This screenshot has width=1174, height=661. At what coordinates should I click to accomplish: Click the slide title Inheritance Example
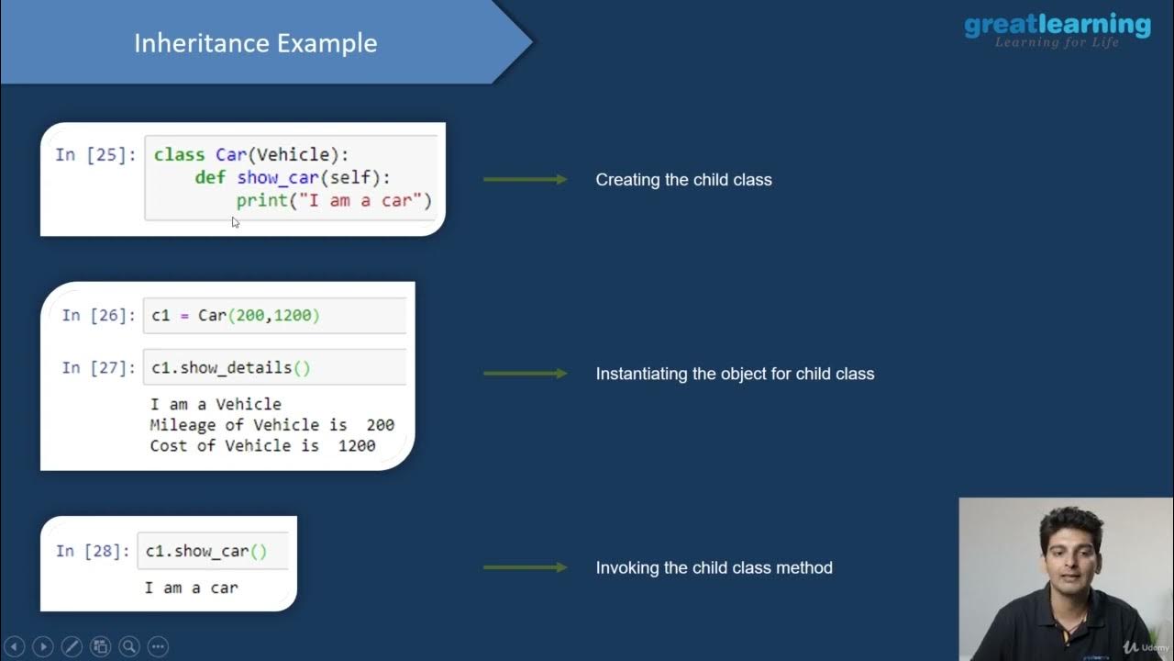pos(255,43)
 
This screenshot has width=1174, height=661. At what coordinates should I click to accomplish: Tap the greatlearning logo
pos(1057,28)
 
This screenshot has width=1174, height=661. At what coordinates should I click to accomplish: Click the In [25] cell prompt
pos(95,154)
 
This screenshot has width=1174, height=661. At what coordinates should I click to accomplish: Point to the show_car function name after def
pos(275,177)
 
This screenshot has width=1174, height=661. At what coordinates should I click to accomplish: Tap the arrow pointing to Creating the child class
pos(525,180)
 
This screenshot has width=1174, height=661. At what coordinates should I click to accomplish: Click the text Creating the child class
pos(683,180)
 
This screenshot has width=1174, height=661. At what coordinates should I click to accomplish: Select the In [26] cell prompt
pos(99,315)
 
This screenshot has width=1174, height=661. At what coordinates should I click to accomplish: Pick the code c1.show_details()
pos(231,367)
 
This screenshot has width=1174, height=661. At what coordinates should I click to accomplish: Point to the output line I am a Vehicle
pos(216,404)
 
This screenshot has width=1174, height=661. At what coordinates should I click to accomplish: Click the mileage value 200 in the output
pos(380,425)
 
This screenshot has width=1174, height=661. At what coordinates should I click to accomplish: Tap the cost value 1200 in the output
pos(356,445)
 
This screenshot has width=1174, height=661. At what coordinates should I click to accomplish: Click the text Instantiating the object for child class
pos(735,374)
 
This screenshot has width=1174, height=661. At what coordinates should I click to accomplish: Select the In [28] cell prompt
pos(93,551)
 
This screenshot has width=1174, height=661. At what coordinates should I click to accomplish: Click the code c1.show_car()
pos(206,551)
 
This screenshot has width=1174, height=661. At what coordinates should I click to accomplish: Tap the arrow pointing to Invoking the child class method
pos(525,567)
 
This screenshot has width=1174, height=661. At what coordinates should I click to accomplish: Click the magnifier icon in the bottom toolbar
pos(128,646)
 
